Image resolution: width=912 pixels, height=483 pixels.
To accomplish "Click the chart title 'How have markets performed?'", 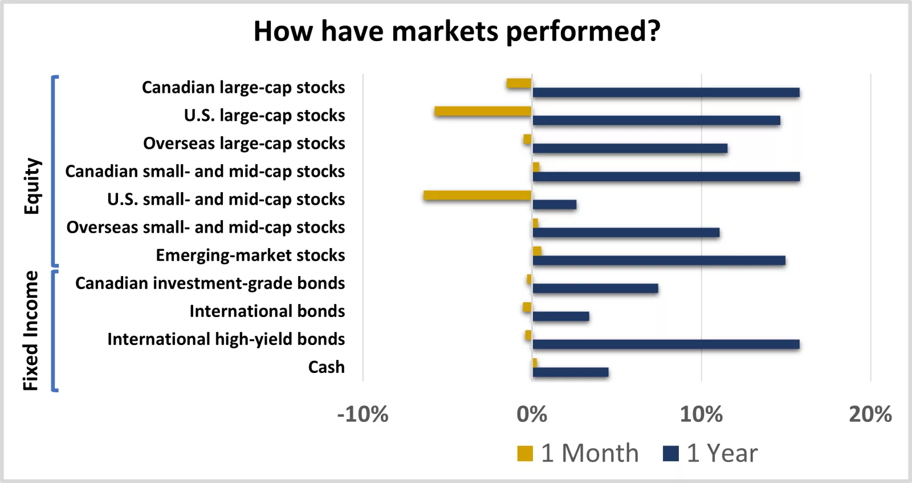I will (457, 31).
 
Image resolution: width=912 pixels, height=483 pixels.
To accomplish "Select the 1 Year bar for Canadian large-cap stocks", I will (666, 92).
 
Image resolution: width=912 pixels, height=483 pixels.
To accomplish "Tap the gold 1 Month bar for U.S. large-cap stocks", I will (483, 111).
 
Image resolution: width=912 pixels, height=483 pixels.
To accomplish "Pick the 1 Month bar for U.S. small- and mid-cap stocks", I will (478, 196).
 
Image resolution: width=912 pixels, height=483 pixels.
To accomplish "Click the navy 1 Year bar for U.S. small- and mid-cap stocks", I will (554, 205).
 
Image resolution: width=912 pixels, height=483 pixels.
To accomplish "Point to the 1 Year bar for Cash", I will (570, 372).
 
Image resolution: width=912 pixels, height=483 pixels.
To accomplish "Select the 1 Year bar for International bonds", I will (561, 316).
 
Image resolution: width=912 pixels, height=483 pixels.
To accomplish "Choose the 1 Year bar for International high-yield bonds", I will (666, 344).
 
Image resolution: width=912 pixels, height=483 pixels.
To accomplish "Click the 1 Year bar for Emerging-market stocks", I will (659, 261).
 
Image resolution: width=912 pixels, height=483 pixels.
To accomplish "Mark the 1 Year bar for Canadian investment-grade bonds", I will (595, 289).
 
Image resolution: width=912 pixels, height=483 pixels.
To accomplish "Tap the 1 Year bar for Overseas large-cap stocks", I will (630, 148).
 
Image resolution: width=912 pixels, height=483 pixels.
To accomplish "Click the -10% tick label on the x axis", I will (363, 415).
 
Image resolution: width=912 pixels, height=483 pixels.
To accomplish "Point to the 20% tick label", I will (870, 415).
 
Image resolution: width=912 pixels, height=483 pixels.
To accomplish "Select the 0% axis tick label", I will (532, 415).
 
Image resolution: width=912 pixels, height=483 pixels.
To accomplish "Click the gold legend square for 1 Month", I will (525, 454).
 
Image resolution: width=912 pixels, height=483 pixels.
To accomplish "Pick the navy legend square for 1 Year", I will (671, 454).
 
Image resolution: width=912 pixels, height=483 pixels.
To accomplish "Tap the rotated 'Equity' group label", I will (32, 186).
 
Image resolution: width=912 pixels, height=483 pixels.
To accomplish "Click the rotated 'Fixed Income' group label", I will (31, 331).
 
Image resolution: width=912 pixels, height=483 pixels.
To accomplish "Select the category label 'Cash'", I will (326, 367).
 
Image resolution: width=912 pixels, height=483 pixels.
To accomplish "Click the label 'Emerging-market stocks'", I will (250, 255).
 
